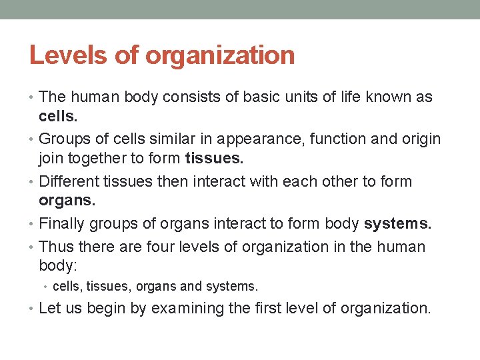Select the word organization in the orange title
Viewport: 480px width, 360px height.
coord(220,55)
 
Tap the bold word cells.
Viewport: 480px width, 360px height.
coord(58,116)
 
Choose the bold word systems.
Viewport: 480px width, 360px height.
coord(398,223)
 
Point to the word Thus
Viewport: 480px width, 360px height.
coord(57,247)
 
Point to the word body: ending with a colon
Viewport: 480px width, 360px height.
coord(58,265)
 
